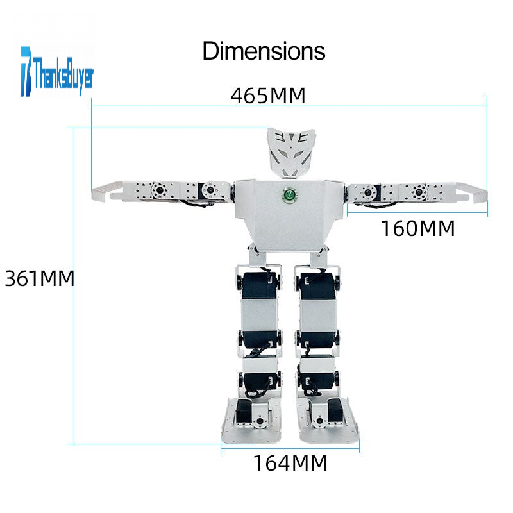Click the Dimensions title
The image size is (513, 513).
[264, 51]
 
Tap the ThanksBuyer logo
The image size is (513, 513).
[57, 72]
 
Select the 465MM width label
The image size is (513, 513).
[268, 96]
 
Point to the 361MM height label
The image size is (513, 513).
[40, 279]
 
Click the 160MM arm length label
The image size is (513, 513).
[418, 228]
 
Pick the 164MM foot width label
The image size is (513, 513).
[290, 463]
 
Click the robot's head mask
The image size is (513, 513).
[292, 153]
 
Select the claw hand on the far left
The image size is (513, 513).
[107, 191]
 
